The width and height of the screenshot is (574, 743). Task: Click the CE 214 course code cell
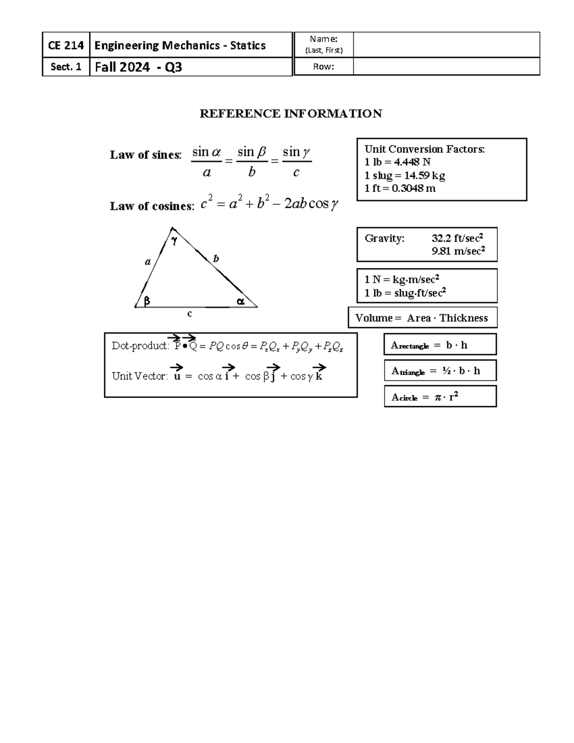(66, 45)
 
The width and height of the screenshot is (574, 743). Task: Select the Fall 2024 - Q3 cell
(139, 67)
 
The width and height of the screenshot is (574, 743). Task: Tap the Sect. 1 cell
(66, 67)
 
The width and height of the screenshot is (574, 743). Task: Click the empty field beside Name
(446, 45)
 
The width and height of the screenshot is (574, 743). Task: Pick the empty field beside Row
(446, 67)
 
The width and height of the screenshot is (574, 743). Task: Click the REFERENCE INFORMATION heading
(290, 113)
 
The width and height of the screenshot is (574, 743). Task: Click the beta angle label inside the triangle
(147, 301)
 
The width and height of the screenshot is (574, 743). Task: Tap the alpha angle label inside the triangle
(241, 301)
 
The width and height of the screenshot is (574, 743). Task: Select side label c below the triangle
(190, 314)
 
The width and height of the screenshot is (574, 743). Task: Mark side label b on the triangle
(216, 259)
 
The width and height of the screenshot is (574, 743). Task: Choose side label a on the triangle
(148, 262)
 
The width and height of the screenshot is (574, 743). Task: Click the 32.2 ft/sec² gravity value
(457, 238)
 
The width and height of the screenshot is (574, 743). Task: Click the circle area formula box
(440, 397)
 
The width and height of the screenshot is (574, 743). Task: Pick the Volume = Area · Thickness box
(422, 318)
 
